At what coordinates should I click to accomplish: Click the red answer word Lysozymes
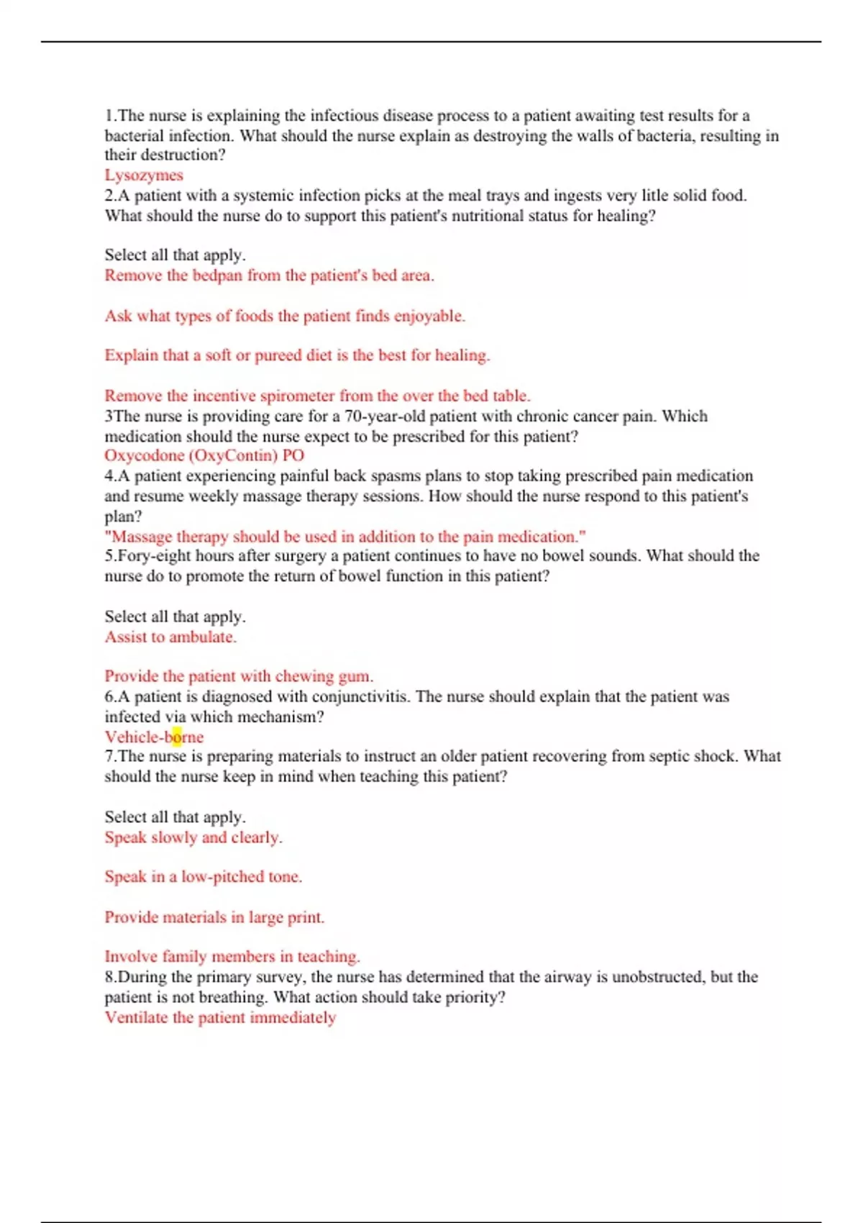144,175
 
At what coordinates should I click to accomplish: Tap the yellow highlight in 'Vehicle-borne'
177,737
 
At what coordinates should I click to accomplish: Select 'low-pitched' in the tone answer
222,877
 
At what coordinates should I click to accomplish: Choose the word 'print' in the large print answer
305,917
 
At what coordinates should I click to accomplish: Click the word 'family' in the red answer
185,957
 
